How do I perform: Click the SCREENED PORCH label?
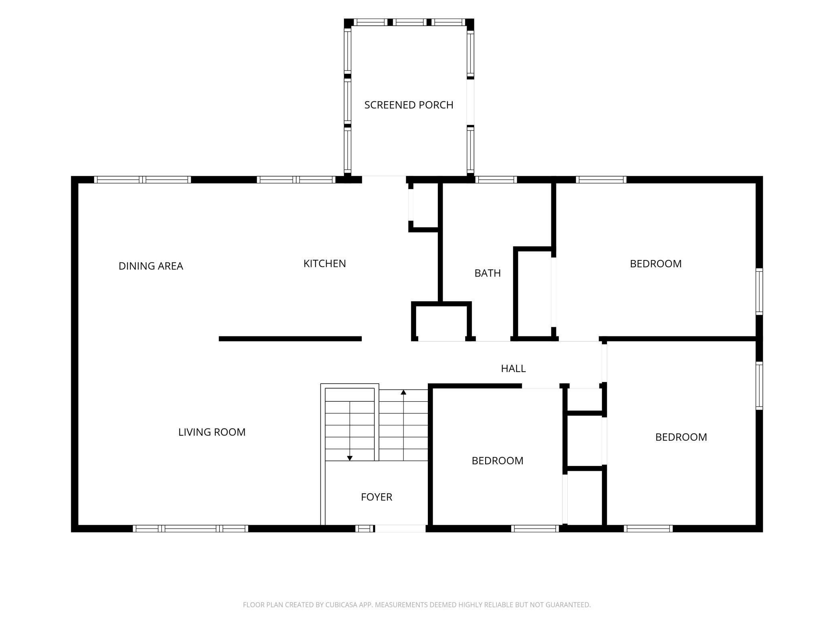(409, 105)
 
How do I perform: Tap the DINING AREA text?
(151, 266)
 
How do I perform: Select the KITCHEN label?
(324, 264)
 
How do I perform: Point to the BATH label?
(488, 273)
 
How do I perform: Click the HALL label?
(513, 368)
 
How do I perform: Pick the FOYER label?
(377, 497)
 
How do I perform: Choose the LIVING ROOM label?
(212, 432)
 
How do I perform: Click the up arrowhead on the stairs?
(403, 392)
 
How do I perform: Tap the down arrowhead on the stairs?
(350, 458)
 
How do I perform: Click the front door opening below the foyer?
(400, 528)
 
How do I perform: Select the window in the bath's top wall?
(496, 180)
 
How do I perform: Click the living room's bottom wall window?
(190, 528)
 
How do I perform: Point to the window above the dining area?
(142, 180)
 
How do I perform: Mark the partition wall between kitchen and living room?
(290, 339)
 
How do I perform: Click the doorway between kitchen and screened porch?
(384, 179)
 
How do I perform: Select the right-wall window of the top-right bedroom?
(759, 291)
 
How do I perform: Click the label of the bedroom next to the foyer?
(497, 461)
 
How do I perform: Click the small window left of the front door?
(364, 528)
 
